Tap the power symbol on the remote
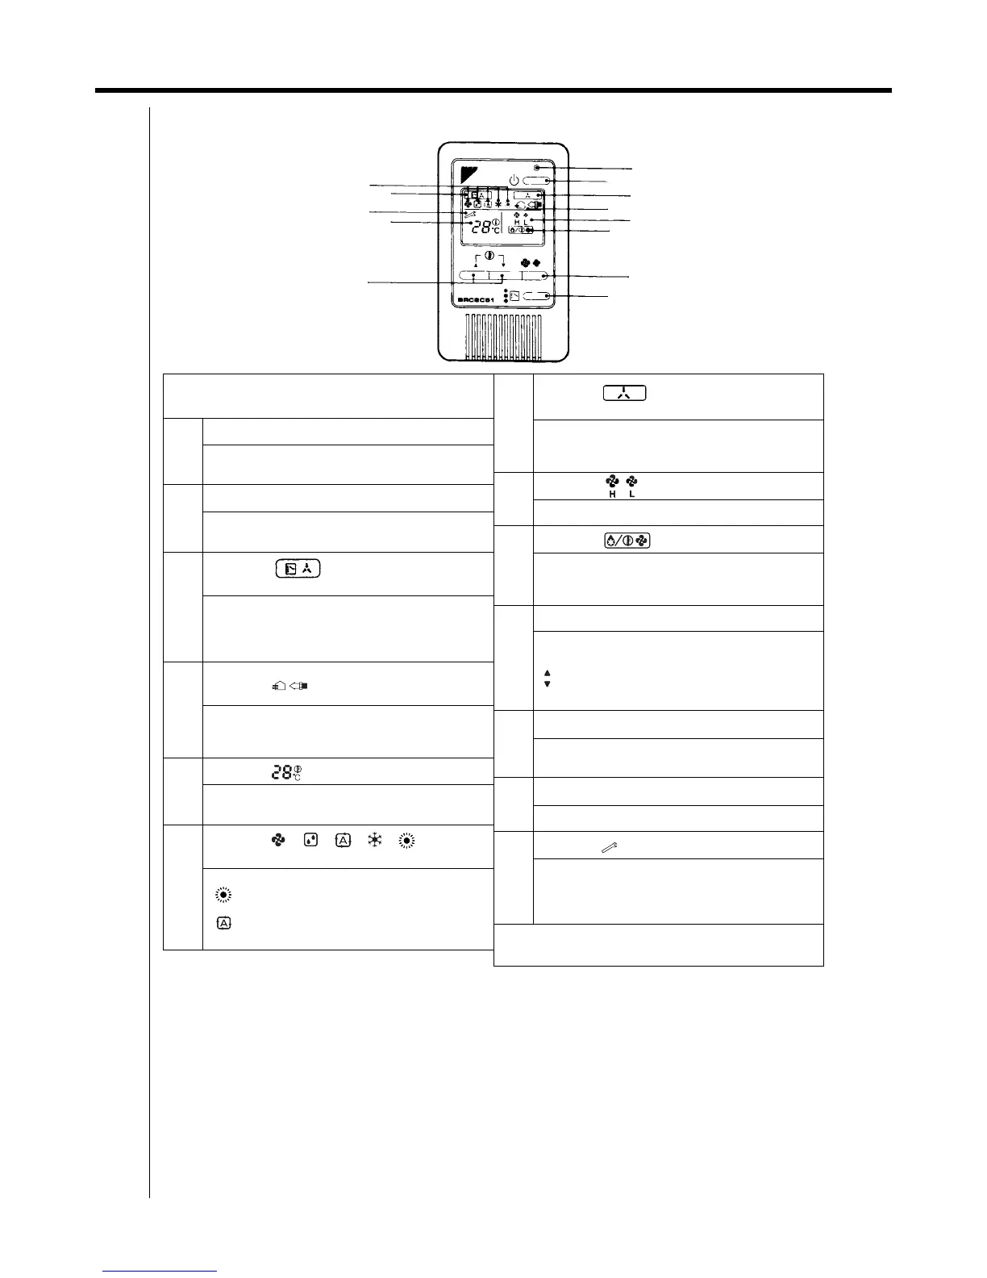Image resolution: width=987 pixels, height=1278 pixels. [x=514, y=179]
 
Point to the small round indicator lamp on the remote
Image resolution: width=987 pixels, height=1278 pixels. [x=536, y=168]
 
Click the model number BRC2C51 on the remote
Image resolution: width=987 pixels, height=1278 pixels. [x=475, y=299]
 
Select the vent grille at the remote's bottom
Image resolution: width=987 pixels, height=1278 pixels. [x=505, y=336]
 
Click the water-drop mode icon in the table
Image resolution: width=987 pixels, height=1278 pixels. [x=310, y=841]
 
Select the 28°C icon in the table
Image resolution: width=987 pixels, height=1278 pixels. [x=289, y=772]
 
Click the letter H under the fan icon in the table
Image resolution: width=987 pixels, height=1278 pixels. [x=612, y=494]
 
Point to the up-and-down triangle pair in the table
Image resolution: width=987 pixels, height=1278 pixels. [x=548, y=679]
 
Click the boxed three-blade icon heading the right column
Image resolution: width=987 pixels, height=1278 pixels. [x=623, y=395]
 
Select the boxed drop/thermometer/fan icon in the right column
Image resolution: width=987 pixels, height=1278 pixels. [x=627, y=541]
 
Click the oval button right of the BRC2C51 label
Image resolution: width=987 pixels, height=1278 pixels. [x=536, y=297]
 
